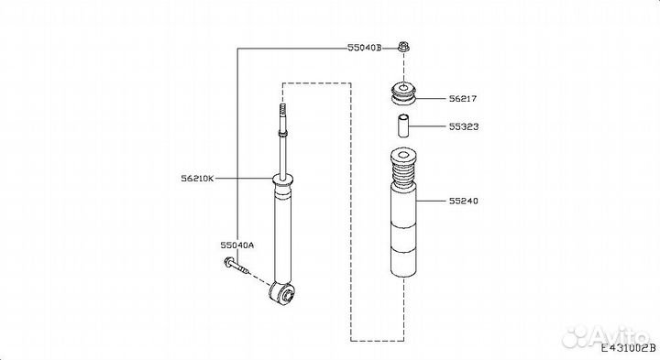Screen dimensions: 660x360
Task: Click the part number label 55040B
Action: [365, 48]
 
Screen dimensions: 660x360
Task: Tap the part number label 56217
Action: [463, 99]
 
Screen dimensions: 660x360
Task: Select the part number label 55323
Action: [464, 126]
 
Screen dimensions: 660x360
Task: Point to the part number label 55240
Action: [464, 201]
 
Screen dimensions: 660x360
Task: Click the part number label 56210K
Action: [197, 179]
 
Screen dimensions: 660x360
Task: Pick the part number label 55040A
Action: [237, 245]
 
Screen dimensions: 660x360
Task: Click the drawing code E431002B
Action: [628, 349]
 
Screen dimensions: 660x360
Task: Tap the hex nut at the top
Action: [403, 47]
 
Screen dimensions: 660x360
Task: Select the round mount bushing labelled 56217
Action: [403, 94]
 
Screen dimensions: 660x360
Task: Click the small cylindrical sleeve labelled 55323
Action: [403, 125]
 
